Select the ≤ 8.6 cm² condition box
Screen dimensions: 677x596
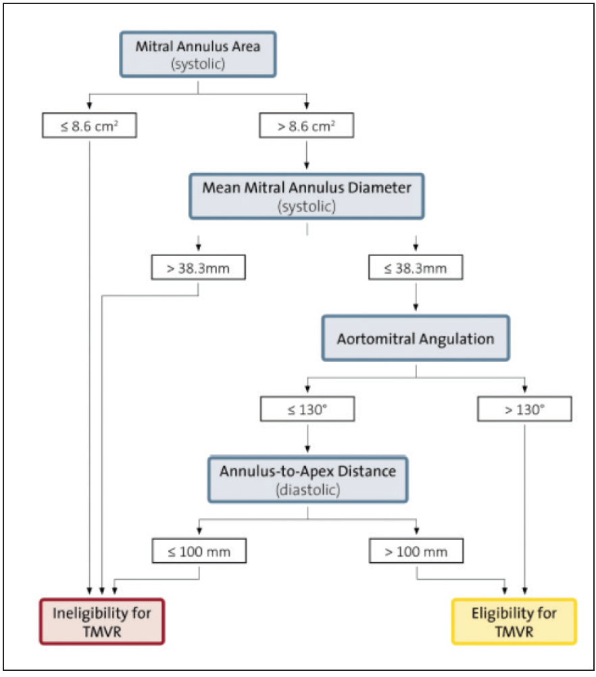[89, 126]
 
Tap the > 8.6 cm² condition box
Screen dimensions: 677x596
[307, 126]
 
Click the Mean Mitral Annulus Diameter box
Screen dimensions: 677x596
[307, 197]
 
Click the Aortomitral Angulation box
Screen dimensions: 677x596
[416, 338]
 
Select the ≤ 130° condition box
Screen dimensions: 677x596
[307, 409]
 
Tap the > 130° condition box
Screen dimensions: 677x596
[524, 409]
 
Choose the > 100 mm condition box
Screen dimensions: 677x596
[416, 551]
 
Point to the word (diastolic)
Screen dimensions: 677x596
[307, 488]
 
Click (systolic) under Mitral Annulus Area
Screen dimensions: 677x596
[197, 66]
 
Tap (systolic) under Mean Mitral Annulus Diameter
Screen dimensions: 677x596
[307, 206]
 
